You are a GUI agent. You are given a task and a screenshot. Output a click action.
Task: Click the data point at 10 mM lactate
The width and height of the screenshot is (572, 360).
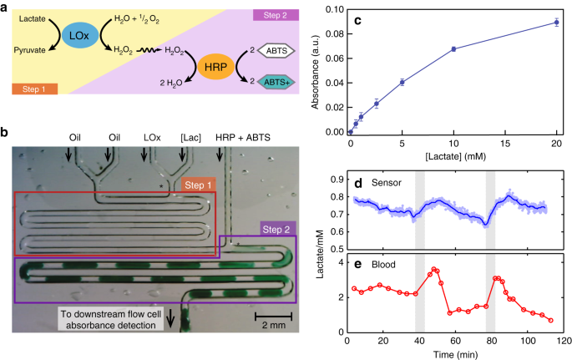click(453, 49)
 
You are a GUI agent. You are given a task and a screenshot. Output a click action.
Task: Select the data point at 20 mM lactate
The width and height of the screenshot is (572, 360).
click(556, 23)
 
